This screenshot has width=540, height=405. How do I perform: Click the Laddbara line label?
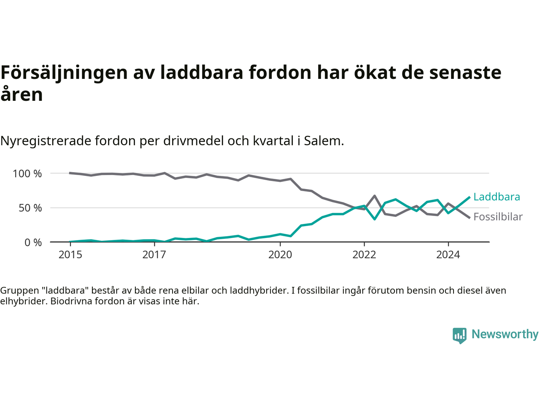(x=497, y=197)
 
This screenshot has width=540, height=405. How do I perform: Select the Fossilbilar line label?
(x=498, y=217)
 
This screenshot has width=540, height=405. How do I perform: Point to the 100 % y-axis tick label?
(x=27, y=173)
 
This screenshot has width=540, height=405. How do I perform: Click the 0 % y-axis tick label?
(x=33, y=243)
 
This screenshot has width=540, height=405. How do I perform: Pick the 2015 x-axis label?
(x=70, y=255)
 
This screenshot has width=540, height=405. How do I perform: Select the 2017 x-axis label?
(x=154, y=255)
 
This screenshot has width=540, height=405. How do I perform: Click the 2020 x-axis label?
(x=280, y=255)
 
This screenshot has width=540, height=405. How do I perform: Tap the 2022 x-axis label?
(x=364, y=255)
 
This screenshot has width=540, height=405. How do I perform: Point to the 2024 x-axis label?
(x=448, y=255)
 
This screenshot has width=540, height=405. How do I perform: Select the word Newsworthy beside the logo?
(x=505, y=334)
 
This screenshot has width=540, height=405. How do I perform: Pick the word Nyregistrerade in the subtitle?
(x=46, y=141)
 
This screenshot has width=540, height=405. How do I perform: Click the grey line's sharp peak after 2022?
(x=375, y=196)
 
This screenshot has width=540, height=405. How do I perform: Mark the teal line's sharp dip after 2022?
(x=375, y=219)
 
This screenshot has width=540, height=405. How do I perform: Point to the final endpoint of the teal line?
(x=470, y=197)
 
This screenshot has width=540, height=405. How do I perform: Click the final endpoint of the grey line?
(x=470, y=218)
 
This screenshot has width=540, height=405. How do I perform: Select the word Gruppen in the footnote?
(x=18, y=291)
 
